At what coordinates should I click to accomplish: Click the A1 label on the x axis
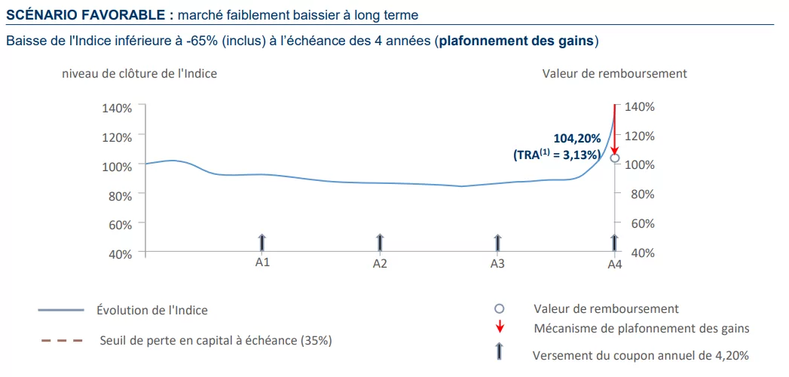262,263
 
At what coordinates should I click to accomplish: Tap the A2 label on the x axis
380,264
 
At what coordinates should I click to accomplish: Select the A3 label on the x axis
497,264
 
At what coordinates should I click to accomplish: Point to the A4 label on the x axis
615,264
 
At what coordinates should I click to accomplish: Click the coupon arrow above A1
262,243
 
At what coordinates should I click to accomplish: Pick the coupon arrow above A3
497,243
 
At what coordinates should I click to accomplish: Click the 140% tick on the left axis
117,108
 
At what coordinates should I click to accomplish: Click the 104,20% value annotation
577,139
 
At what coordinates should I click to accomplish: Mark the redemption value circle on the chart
615,158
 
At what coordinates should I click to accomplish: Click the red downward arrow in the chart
615,128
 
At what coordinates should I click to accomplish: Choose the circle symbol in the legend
498,309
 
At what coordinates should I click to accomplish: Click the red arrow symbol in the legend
498,328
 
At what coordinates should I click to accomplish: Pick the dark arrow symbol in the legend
498,351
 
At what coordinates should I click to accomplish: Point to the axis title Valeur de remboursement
614,74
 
